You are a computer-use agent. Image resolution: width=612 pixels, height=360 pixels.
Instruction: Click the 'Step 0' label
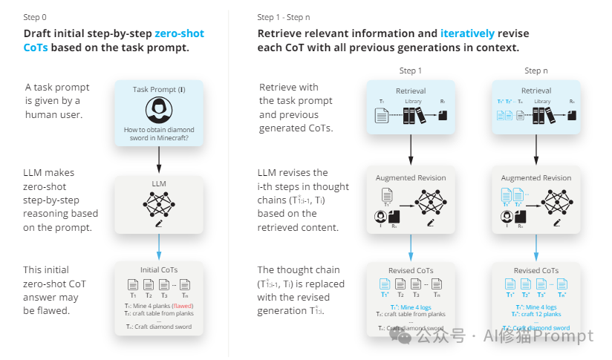[37, 17]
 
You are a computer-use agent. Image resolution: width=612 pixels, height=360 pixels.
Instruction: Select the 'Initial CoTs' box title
[158, 270]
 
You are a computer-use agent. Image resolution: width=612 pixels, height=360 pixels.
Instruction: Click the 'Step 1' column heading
[410, 71]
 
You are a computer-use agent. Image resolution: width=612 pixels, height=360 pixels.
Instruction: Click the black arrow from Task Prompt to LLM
[159, 159]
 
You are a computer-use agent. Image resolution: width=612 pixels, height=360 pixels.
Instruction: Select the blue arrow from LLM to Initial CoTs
[159, 246]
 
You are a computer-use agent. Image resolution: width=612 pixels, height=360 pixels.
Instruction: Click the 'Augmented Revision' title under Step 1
[411, 178]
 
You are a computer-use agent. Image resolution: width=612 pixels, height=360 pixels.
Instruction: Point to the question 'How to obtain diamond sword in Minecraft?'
[159, 133]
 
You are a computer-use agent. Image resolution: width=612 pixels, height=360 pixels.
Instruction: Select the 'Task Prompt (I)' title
[159, 89]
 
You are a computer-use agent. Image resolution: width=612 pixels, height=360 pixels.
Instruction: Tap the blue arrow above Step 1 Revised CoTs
[411, 246]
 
